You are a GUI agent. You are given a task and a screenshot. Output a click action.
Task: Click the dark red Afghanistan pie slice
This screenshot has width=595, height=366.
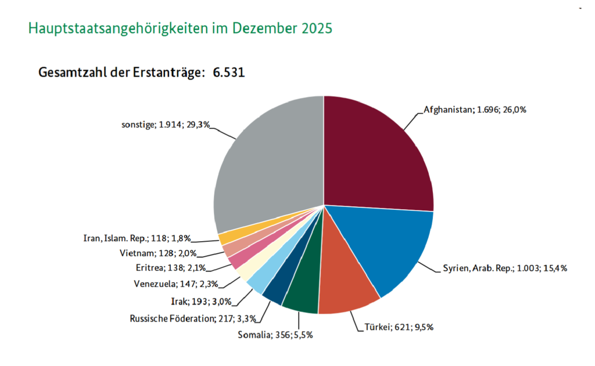click(x=378, y=151)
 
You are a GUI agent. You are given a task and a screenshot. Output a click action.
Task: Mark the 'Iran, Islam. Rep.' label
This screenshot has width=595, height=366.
click(x=137, y=238)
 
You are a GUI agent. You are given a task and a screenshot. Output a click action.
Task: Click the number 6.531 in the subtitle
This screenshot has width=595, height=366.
click(x=229, y=73)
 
